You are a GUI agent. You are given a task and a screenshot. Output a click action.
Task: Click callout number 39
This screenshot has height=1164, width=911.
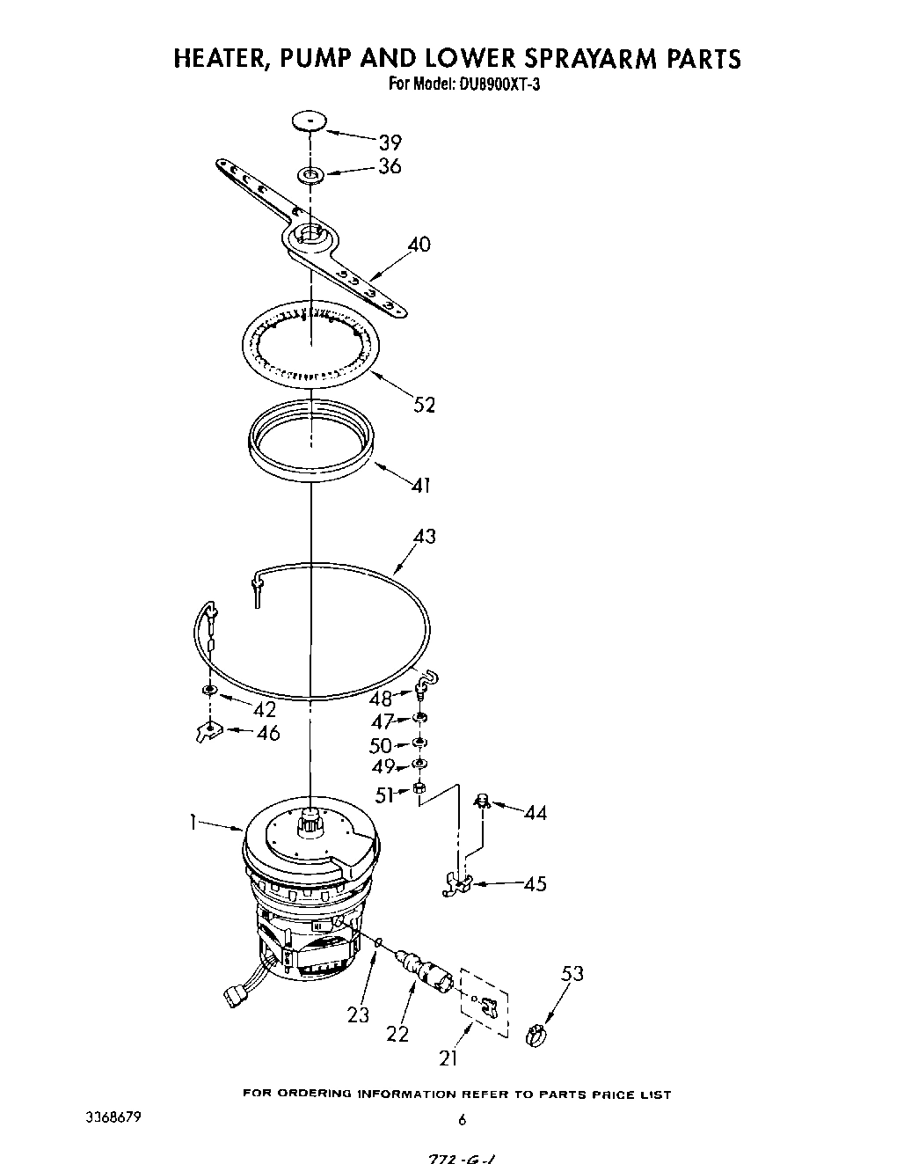(x=390, y=142)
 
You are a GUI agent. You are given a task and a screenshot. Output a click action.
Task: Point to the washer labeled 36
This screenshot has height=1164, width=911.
(x=311, y=175)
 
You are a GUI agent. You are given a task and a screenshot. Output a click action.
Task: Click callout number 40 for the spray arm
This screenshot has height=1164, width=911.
(x=419, y=244)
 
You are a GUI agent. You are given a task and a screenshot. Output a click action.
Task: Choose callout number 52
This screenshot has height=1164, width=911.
(x=424, y=405)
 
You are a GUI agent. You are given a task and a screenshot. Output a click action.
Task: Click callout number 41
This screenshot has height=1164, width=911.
(x=420, y=484)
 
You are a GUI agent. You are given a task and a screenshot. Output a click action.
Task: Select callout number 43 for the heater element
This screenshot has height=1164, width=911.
(x=424, y=536)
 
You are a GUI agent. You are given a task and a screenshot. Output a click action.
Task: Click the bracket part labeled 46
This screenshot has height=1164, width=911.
(x=208, y=729)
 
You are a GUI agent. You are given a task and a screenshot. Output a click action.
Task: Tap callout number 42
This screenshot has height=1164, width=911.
(x=264, y=709)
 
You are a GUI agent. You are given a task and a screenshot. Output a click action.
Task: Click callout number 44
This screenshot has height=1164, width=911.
(x=535, y=813)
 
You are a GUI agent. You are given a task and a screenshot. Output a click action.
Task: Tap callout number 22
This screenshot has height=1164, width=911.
(x=397, y=1034)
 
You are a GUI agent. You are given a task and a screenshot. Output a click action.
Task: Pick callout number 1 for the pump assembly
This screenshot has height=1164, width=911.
(x=191, y=822)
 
